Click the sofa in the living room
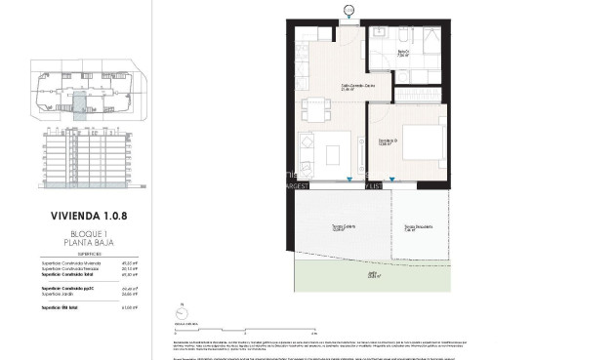pos(306,154)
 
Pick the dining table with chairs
pos(314,108)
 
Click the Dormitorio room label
pos(389,143)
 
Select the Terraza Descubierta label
pos(419,228)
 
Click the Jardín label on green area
pos(372,276)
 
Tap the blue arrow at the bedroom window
pos(392,180)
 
